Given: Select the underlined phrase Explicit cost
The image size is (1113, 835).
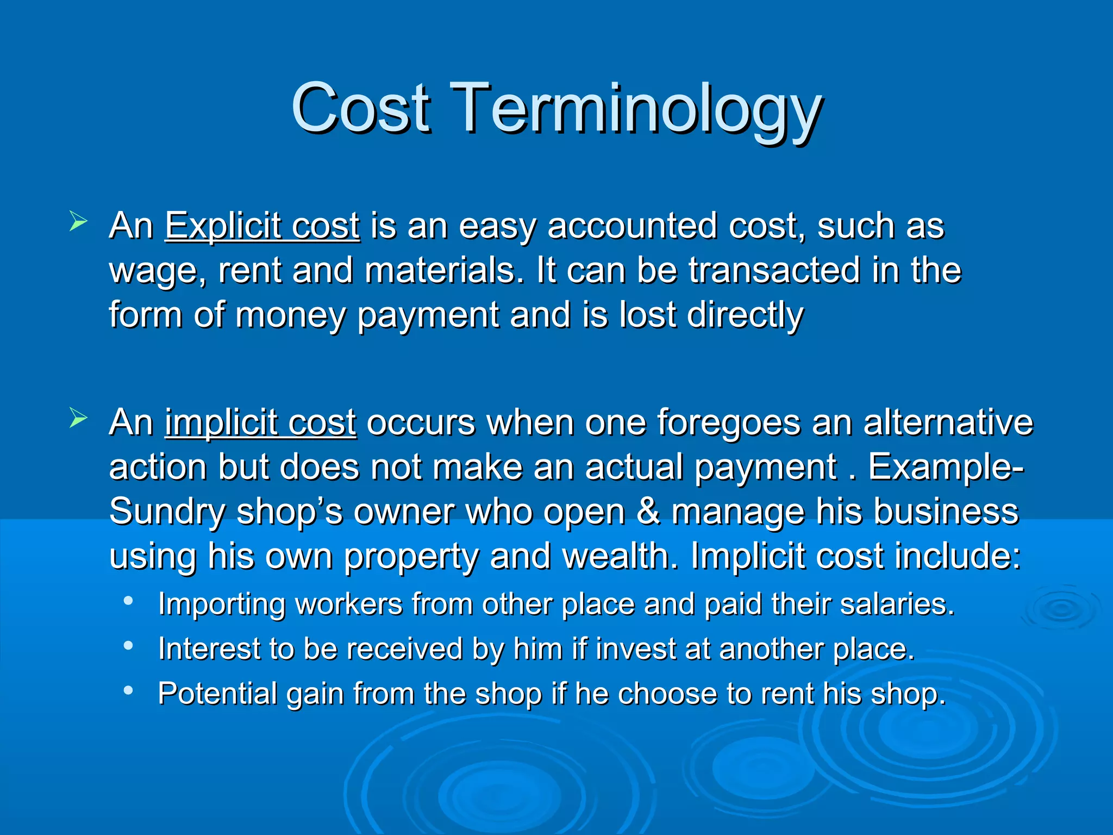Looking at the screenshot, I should (x=262, y=226).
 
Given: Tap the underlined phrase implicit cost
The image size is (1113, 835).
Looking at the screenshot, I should (x=260, y=422).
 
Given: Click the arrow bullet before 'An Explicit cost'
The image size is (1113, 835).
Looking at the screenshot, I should (x=78, y=222).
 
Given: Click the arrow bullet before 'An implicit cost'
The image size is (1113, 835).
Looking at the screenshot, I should (x=78, y=419).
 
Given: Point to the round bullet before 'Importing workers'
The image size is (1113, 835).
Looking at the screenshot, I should (x=128, y=601).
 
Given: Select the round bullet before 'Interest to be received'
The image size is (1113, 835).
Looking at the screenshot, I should (x=128, y=646).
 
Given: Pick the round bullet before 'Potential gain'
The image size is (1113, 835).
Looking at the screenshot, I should (x=128, y=690).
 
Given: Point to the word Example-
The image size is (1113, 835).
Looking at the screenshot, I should (x=946, y=467).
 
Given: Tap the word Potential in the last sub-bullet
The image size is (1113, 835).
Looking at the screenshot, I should (x=217, y=694).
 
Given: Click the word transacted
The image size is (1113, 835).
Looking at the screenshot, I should (x=774, y=270).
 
